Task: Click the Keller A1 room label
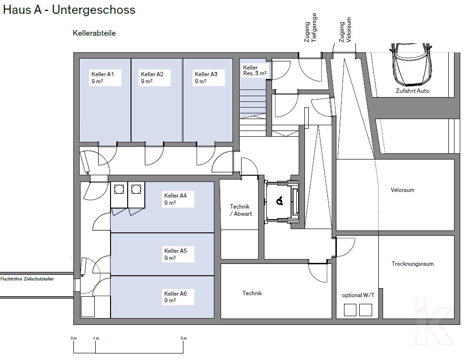click(x=102, y=78)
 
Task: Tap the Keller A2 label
click(x=152, y=78)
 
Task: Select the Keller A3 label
click(x=206, y=78)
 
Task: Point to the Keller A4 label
click(x=175, y=199)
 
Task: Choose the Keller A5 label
click(x=175, y=254)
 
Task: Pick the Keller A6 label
click(x=175, y=297)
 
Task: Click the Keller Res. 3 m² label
click(x=255, y=70)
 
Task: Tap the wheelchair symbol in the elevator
click(x=280, y=201)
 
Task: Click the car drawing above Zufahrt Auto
click(x=411, y=64)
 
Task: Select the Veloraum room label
click(x=403, y=190)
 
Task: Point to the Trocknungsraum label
click(x=413, y=264)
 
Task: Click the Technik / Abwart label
click(x=241, y=210)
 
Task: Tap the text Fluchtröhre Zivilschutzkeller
click(x=27, y=279)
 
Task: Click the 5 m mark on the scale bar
click(x=183, y=339)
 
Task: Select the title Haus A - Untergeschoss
click(x=69, y=10)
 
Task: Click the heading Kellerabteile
click(x=94, y=33)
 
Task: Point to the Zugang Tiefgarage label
click(x=311, y=28)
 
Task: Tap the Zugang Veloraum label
click(x=345, y=30)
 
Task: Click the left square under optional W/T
click(x=350, y=310)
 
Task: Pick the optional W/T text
click(x=358, y=295)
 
